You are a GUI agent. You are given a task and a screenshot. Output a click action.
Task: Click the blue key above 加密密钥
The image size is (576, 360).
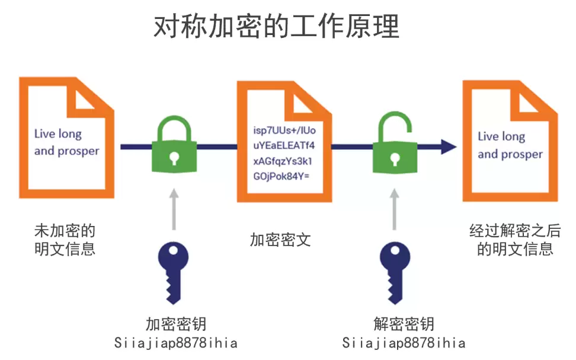click(173, 272)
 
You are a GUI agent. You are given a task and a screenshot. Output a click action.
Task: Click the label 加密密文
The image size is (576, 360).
click(280, 240)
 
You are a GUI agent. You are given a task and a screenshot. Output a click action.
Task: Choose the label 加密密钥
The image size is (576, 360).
click(176, 324)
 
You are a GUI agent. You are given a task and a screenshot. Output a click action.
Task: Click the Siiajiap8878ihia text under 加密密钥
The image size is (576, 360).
click(175, 343)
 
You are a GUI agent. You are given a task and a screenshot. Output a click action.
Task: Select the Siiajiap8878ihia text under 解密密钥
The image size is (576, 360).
click(404, 343)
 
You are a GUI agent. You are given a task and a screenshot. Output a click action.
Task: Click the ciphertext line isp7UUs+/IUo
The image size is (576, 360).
click(284, 130)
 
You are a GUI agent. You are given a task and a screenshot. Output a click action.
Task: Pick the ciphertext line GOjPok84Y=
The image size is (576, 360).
click(281, 176)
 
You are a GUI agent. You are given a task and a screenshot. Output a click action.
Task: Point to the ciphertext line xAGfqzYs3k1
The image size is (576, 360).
click(283, 161)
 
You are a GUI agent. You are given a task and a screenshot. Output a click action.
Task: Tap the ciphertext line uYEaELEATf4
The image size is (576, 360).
click(283, 145)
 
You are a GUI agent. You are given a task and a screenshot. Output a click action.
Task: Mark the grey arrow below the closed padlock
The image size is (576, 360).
click(173, 209)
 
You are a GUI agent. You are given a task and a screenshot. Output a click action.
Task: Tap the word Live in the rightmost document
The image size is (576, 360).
click(488, 136)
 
